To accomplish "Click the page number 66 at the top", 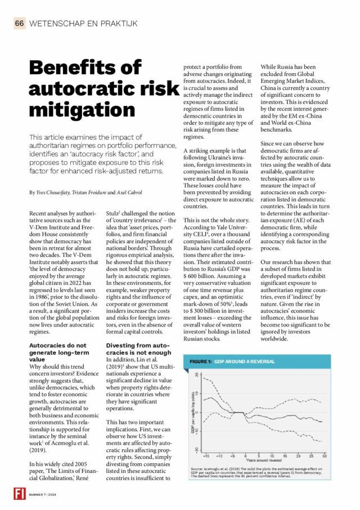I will pyautogui.click(x=20, y=23).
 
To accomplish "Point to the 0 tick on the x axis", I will pyautogui.click(x=246, y=454).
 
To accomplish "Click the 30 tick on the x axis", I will pyautogui.click(x=324, y=454).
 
